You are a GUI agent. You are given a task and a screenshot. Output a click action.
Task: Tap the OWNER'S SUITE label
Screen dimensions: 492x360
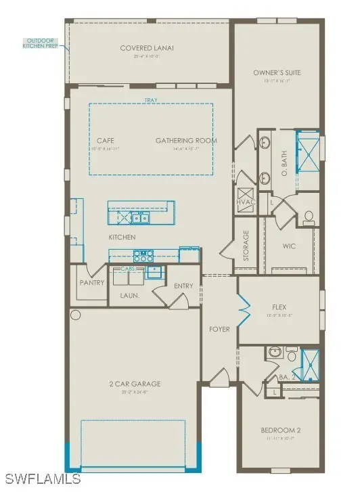tap(277, 72)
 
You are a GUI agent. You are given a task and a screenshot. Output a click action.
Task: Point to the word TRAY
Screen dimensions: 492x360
tap(150, 101)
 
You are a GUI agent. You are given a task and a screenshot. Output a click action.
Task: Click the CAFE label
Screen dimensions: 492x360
tap(105, 140)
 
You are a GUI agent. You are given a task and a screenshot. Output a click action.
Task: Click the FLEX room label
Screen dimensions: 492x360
tap(279, 307)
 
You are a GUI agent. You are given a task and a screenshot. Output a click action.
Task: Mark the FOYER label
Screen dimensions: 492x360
tap(219, 330)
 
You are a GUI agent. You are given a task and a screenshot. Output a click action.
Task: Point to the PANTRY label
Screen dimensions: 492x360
tap(91, 282)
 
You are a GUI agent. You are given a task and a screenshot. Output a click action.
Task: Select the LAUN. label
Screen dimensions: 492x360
tap(130, 295)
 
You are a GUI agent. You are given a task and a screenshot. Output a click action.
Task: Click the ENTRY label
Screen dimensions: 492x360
tap(183, 286)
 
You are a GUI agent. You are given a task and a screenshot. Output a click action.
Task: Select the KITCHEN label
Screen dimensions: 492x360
tap(122, 238)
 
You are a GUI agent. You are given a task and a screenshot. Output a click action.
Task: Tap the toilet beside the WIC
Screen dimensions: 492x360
tap(309, 217)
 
